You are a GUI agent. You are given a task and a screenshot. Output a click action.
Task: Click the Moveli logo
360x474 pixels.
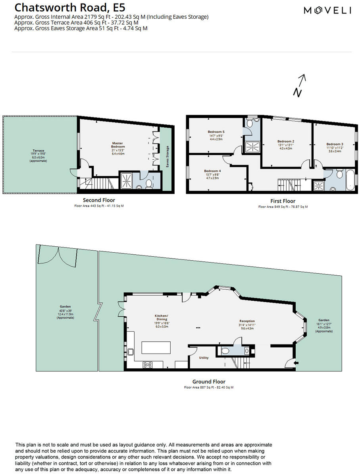pyautogui.click(x=327, y=11)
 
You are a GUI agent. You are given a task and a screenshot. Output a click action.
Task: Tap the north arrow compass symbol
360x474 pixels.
pyautogui.click(x=300, y=85)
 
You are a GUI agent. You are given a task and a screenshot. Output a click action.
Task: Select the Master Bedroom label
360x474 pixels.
pyautogui.click(x=118, y=145)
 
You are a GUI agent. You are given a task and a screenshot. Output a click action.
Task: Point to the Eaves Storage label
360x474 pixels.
pyautogui.click(x=167, y=157)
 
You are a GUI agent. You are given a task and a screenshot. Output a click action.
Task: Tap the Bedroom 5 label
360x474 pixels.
pyautogui.click(x=216, y=132)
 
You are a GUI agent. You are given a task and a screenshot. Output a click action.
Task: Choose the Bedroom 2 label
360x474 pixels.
pyautogui.click(x=285, y=141)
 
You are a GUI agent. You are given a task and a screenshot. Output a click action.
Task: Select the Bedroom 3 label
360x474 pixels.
pyautogui.click(x=335, y=144)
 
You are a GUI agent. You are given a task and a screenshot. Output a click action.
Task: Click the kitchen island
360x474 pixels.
pyautogui.click(x=153, y=348)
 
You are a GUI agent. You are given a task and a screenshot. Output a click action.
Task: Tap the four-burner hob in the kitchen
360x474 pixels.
pyautogui.click(x=148, y=365)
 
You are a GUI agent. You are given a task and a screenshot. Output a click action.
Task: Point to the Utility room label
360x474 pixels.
pyautogui.click(x=204, y=358)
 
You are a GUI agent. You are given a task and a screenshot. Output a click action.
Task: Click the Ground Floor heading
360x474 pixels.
pyautogui.click(x=208, y=381)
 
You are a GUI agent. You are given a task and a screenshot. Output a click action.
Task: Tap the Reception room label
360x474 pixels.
pyautogui.click(x=247, y=321)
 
